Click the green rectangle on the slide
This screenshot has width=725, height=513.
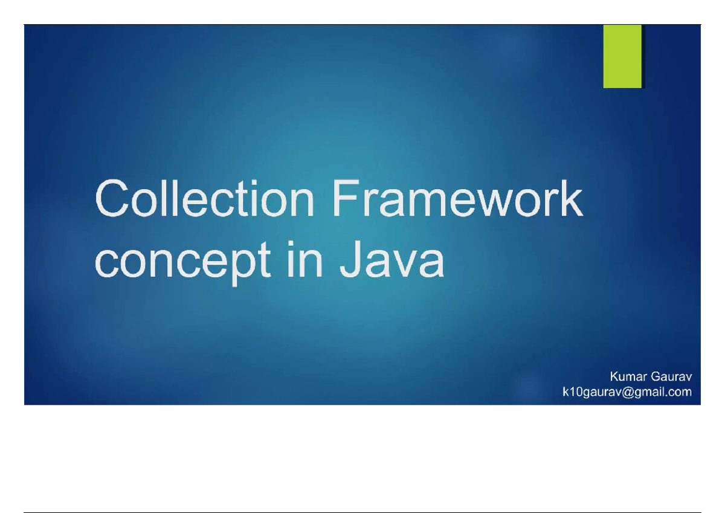point(622,56)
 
